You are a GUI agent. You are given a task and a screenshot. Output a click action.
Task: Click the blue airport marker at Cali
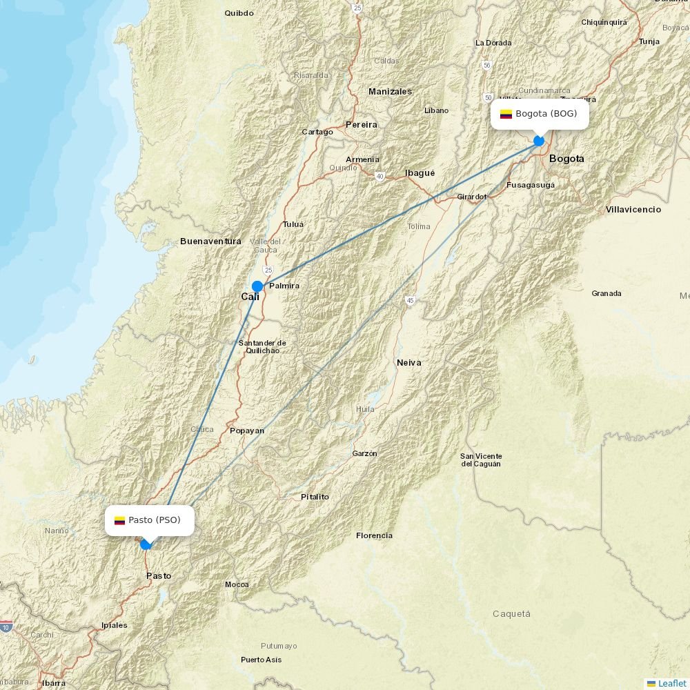pos(257,286)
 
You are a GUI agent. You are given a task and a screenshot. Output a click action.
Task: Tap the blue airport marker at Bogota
pos(539,141)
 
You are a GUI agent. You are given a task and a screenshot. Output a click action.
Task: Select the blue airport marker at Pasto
pos(146,544)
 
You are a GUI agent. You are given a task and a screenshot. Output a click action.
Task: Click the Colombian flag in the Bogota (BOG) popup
pos(506,114)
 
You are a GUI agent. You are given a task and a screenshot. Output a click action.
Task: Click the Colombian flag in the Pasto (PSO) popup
pos(119,520)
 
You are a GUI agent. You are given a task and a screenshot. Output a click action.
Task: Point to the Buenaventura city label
pos(210,241)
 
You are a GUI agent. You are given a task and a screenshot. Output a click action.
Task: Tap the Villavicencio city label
pos(633,210)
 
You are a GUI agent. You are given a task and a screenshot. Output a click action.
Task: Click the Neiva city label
pos(408,362)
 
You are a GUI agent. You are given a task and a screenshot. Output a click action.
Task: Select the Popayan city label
pos(246,431)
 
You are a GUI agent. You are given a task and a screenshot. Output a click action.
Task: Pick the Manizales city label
pos(390,92)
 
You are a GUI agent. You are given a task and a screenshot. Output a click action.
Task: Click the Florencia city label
pos(374,535)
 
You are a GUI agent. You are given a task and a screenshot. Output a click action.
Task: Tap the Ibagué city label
pos(420,173)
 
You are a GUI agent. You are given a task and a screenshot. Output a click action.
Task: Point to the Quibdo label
pos(239,13)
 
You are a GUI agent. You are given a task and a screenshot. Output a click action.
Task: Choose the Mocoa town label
pos(237,584)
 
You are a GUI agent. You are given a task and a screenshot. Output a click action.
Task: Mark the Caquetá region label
pos(511,613)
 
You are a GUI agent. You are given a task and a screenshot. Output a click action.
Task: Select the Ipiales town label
pos(114,625)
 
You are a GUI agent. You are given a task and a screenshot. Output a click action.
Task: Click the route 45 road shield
pos(411,300)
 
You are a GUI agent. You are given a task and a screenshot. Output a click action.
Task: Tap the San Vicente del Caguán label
pos(481,460)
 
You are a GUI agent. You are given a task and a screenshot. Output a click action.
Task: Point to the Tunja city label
pos(649,41)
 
